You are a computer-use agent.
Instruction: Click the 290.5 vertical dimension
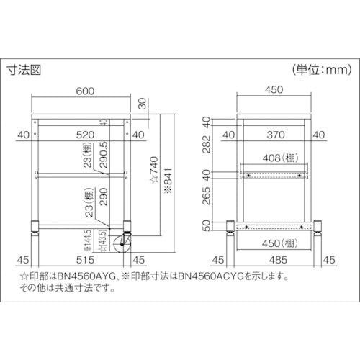tap(105, 154)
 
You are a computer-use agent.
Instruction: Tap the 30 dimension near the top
tap(143, 104)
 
